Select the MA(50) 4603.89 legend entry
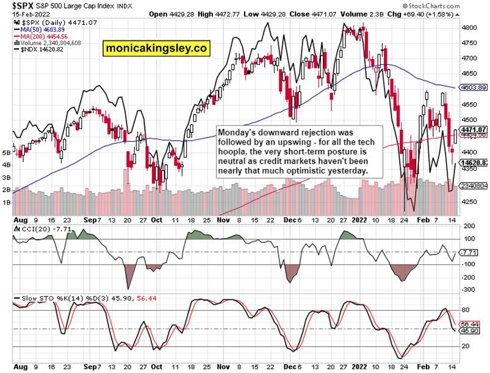43,29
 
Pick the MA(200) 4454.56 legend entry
45,37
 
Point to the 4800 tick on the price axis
469,28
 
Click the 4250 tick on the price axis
469,201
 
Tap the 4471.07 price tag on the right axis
474,130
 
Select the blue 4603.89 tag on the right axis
474,88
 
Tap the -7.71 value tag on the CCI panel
470,252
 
